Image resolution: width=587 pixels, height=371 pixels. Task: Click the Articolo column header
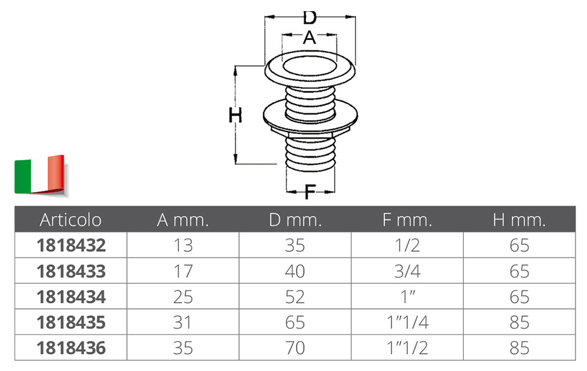(70, 220)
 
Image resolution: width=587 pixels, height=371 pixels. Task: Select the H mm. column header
(519, 220)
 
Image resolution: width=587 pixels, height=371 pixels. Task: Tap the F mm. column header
(407, 220)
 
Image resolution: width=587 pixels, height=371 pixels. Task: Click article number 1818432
(71, 245)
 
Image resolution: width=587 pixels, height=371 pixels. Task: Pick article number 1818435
(71, 322)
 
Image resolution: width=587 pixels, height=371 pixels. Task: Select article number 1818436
(71, 348)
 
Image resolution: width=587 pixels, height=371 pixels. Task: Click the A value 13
(183, 245)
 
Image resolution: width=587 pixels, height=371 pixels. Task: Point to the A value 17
(183, 271)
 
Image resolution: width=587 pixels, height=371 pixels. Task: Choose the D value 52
(295, 297)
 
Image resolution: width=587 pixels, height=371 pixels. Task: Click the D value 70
(295, 348)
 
